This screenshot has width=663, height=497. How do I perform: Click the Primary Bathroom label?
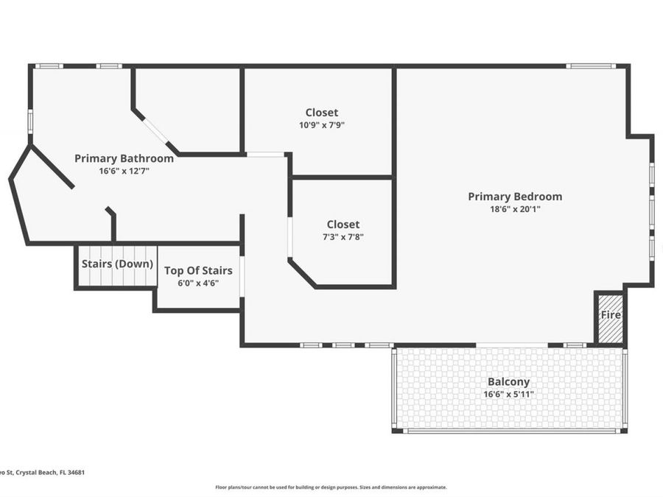(x=124, y=158)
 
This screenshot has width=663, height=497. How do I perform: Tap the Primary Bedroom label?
(x=515, y=197)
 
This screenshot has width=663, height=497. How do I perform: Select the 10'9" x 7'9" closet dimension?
(x=322, y=125)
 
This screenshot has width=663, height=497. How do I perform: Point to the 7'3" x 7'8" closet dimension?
(x=343, y=237)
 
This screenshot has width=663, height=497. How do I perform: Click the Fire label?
(x=611, y=315)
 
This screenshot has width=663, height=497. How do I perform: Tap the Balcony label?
(x=508, y=382)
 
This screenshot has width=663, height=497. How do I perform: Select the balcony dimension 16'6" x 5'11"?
(x=508, y=395)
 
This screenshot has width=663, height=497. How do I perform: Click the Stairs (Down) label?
(x=117, y=264)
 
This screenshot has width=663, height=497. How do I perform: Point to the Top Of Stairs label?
(x=198, y=271)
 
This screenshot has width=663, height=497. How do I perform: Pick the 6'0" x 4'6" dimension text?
(x=198, y=283)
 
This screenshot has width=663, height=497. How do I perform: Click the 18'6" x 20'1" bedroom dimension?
(x=515, y=209)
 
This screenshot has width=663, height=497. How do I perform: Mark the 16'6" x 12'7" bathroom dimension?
(x=124, y=171)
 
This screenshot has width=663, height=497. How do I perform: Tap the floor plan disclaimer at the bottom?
(x=331, y=487)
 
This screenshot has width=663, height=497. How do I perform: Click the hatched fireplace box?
(x=610, y=328)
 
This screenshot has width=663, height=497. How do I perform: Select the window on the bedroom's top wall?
(x=589, y=66)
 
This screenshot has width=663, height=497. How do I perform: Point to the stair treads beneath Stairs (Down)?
(x=117, y=278)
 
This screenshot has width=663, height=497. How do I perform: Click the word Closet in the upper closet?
(x=322, y=113)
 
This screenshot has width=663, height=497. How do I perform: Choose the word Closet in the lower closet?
(x=343, y=225)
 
